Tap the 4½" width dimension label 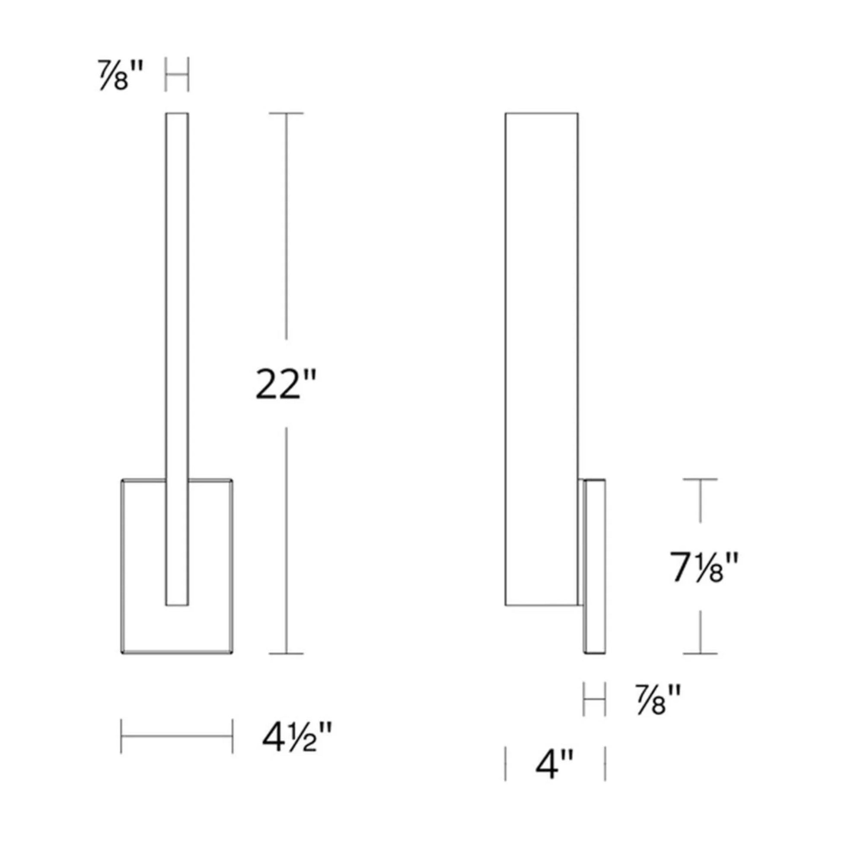[297, 736]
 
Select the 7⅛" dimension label [704, 567]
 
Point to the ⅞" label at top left [120, 75]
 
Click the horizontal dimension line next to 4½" [177, 736]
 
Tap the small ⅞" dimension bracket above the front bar [177, 74]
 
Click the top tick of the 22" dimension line [286, 114]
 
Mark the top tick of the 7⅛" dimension [700, 479]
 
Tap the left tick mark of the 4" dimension [505, 764]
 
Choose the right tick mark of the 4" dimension [605, 764]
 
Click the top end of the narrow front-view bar [177, 115]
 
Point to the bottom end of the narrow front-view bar [177, 604]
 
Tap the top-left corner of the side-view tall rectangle [506, 114]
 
